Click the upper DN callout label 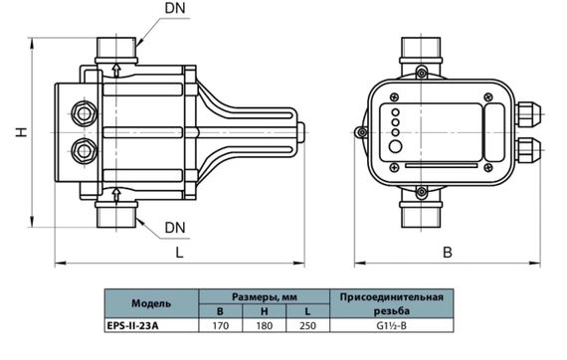point(175,8)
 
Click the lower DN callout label point(175,228)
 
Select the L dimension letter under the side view point(179,253)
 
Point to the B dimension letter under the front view point(448,252)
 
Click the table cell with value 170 point(220,325)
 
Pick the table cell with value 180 point(265,325)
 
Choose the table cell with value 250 point(307,325)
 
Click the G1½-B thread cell point(392,325)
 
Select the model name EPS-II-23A point(132,325)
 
